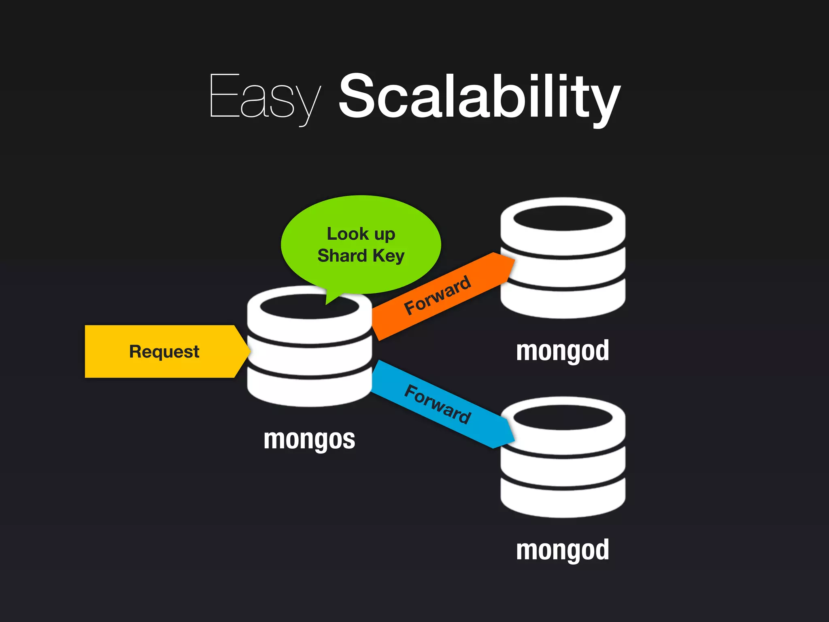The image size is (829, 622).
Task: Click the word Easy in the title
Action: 265,97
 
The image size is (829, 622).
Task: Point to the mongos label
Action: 309,440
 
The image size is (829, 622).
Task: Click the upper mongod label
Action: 562,351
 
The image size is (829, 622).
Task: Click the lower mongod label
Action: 562,550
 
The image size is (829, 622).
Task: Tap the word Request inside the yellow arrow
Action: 164,351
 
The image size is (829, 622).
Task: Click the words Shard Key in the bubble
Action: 361,256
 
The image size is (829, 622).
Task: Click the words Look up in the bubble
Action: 361,234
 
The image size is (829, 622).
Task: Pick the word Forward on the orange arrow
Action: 438,295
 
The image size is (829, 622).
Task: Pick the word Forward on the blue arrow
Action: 438,404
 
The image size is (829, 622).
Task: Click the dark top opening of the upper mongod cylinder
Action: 563,218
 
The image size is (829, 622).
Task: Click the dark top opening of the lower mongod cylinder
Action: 563,418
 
